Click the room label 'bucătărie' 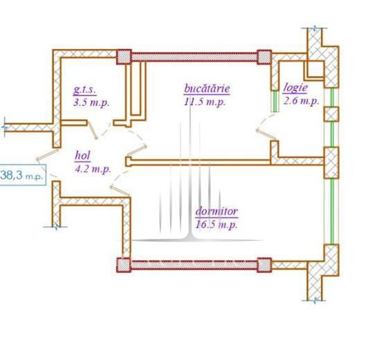[x=207, y=89]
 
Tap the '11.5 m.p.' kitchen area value [x=205, y=102]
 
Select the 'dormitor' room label [x=216, y=211]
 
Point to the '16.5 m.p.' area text [x=216, y=224]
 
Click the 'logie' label [x=295, y=88]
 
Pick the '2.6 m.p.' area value [x=301, y=100]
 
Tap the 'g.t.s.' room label [x=84, y=90]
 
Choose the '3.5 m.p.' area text [x=91, y=102]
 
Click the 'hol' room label [x=83, y=156]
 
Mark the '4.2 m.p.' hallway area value [x=93, y=169]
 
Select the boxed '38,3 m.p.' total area [x=23, y=175]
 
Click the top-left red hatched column [x=124, y=57]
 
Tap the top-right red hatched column [x=264, y=57]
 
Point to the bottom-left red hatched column [x=124, y=265]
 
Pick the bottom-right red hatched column [x=264, y=265]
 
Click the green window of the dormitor [x=332, y=211]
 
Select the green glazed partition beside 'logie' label [x=275, y=101]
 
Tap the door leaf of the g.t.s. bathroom [x=93, y=130]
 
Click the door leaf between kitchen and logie [x=266, y=134]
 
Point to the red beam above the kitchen [x=194, y=57]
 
